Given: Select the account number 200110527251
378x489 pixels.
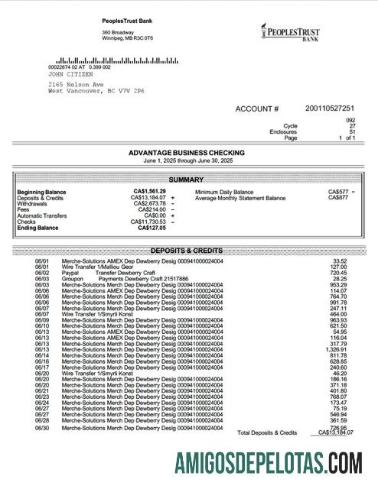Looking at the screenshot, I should point(330,108).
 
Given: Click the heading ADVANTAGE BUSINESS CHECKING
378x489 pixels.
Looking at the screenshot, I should point(186,153).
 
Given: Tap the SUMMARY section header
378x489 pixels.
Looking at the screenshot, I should point(186,179).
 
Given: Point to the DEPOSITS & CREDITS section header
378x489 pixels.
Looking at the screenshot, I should point(186,251).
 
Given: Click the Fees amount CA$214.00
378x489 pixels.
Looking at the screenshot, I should point(152,209).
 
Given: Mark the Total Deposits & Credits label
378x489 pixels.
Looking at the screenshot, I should point(267,432).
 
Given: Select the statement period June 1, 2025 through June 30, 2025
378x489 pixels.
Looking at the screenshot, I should point(186,161).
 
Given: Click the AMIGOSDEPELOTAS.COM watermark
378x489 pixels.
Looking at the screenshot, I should point(268,463).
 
